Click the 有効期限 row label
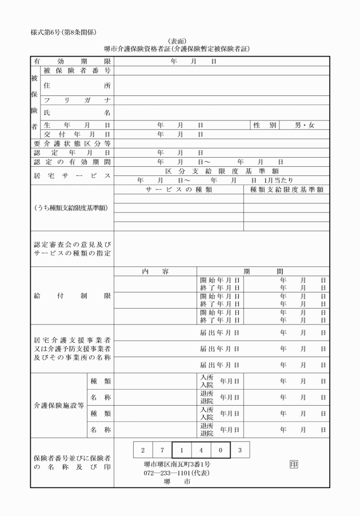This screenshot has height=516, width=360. pos(71,60)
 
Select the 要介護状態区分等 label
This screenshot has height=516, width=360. pos(71,143)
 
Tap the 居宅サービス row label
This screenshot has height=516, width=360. pos(71,175)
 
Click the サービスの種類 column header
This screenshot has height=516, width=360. pos(179,189)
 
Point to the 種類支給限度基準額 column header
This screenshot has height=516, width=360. pos(287,189)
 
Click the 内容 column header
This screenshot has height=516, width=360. pos(155,271)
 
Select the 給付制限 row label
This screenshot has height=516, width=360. pos(71,297)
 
